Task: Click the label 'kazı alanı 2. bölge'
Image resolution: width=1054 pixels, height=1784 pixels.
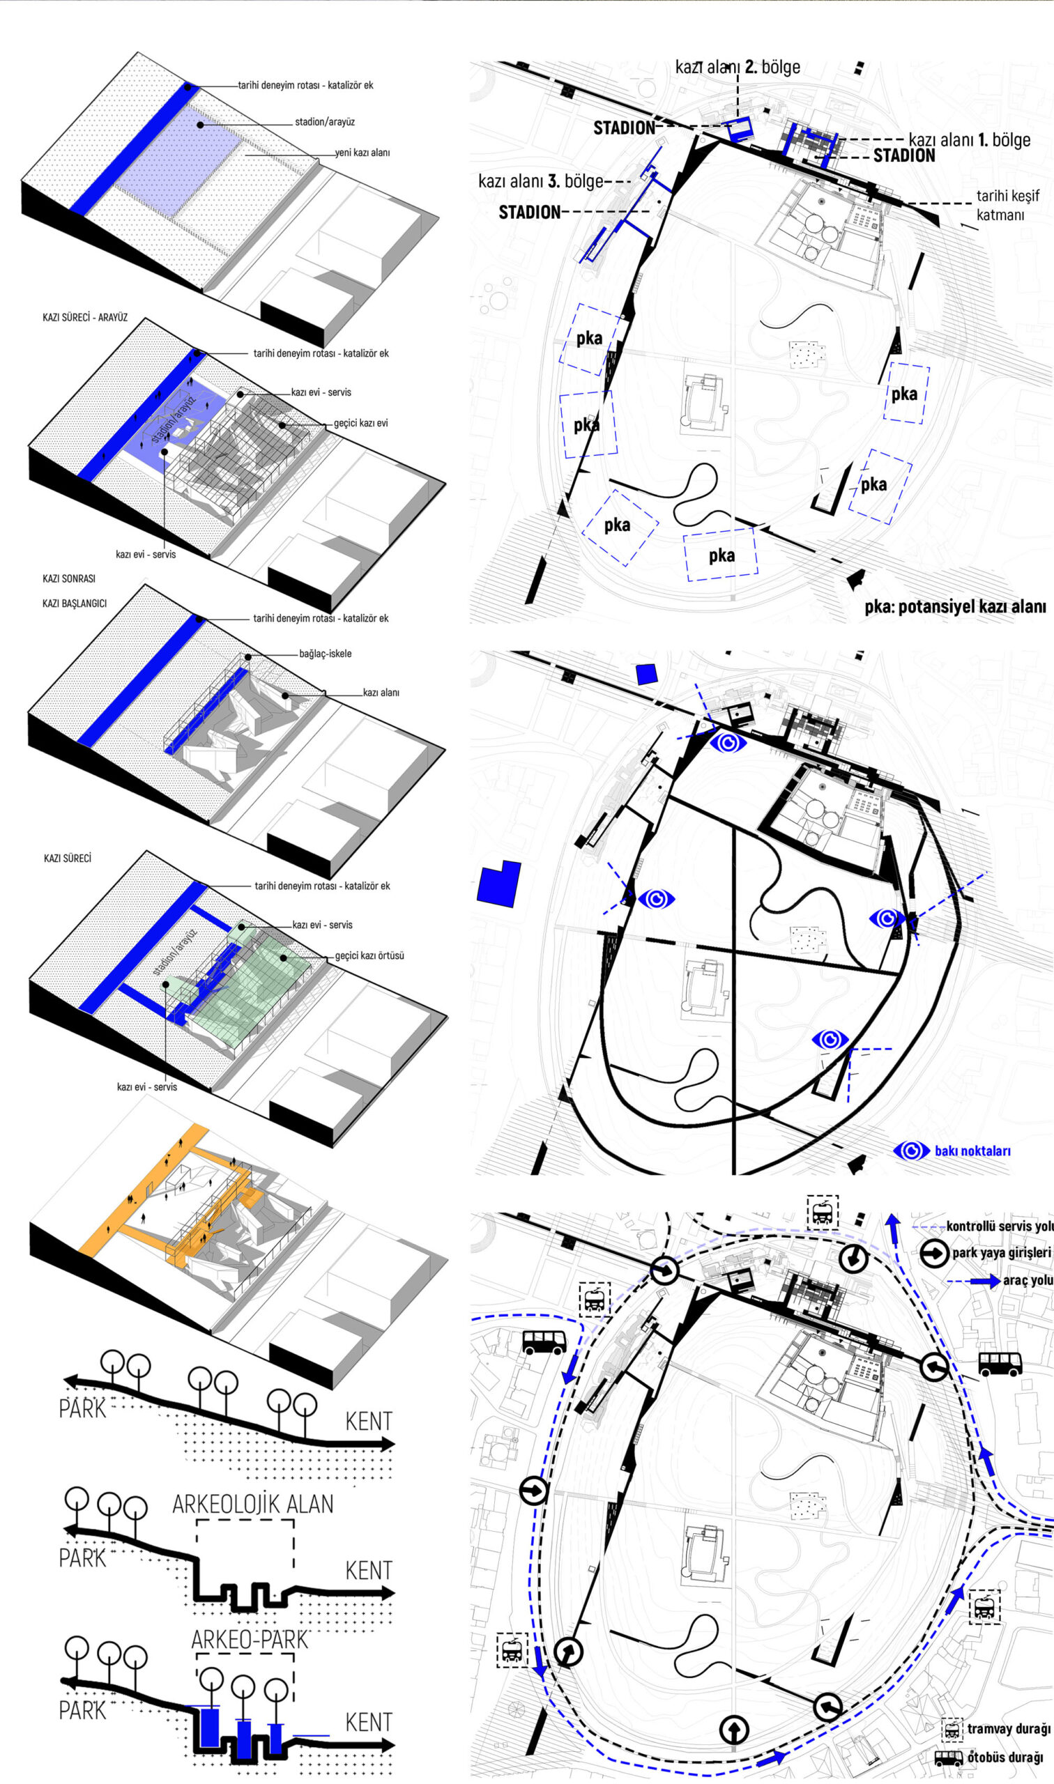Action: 738,68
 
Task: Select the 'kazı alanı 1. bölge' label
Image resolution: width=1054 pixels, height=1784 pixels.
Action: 970,139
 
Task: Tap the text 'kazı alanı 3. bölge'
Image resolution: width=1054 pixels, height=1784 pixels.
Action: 540,181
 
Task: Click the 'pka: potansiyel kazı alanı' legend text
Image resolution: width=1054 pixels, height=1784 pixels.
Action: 955,607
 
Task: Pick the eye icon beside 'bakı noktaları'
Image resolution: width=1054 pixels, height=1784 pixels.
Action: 911,1151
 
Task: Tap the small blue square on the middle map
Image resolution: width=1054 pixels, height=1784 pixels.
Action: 646,675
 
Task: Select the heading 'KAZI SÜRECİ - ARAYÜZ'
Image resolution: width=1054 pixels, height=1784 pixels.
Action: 85,317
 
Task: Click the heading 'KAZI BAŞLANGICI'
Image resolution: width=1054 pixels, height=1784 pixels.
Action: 75,603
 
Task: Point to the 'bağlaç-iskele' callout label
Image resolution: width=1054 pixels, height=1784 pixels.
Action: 326,654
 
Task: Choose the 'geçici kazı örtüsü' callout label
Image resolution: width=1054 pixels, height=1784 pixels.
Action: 369,955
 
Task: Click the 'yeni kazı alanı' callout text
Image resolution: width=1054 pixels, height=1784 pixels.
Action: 362,153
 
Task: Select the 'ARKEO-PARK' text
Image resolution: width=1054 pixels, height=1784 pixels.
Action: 250,1639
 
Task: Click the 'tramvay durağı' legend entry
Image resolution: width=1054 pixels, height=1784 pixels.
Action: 1009,1729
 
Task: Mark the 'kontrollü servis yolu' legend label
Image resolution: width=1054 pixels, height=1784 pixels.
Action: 1000,1226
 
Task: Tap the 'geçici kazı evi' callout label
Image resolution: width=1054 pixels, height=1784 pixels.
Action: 361,423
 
